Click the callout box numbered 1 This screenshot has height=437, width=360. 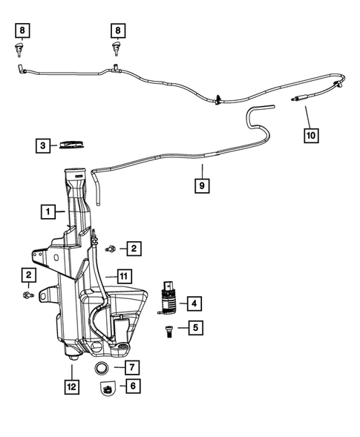[x=48, y=211]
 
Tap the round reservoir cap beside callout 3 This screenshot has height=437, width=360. [x=73, y=144]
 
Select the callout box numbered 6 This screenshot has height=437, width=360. [x=132, y=385]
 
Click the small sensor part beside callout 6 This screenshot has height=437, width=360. [x=108, y=387]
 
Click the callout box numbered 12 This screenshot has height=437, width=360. [x=71, y=385]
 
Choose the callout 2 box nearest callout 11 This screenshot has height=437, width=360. [x=134, y=247]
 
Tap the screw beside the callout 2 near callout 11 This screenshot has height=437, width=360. [x=111, y=248]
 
